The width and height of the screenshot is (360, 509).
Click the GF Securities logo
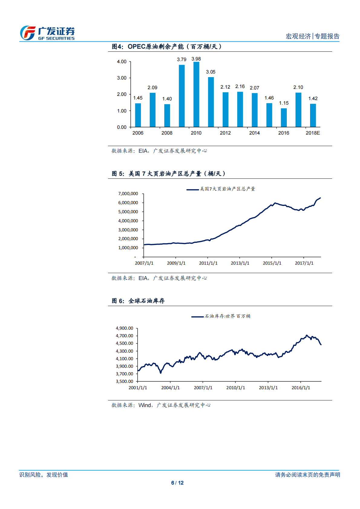tap(47, 33)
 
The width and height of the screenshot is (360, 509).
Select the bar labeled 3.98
tap(196, 94)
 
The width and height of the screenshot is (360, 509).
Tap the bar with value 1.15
tap(284, 118)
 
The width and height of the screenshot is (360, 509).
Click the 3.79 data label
tap(182, 60)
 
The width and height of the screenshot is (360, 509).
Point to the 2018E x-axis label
tap(313, 133)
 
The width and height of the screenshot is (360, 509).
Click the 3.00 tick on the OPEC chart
tap(122, 78)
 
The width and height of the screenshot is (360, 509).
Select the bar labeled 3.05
tap(211, 102)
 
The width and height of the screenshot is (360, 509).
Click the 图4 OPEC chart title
tap(167, 47)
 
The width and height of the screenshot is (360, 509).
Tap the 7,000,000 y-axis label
tap(128, 194)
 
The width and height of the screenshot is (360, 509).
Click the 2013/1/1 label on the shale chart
tap(240, 263)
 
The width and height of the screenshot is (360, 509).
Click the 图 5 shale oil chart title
tap(169, 174)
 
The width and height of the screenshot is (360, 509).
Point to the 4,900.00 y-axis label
tap(124, 328)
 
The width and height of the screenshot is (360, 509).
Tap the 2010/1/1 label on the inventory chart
tap(236, 388)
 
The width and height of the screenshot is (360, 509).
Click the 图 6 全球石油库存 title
tap(138, 301)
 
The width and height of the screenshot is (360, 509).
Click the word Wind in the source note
tap(145, 405)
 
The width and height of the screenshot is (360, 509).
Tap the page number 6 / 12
tap(177, 483)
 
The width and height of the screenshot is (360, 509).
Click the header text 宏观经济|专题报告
tap(313, 36)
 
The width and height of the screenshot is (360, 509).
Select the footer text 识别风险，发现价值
tap(44, 475)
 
